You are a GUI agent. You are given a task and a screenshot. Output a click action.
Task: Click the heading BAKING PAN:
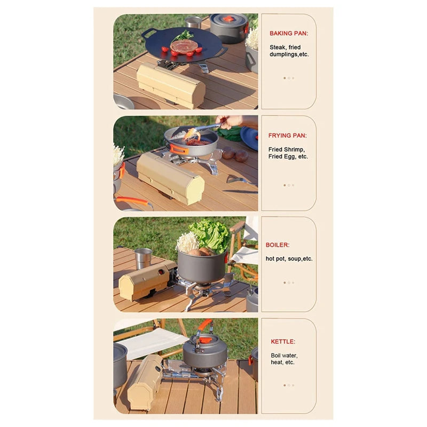(288, 33)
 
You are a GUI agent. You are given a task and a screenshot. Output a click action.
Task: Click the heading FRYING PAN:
(287, 136)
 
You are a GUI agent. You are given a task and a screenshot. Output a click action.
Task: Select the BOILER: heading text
(278, 245)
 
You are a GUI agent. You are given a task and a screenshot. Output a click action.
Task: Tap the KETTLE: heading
(282, 342)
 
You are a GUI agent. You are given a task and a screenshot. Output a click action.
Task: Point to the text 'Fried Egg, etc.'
(288, 157)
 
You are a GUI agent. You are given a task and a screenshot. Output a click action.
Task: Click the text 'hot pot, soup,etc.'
(289, 259)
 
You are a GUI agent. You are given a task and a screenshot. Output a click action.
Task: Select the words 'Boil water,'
(284, 355)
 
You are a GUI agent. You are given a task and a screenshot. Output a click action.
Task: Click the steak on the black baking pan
(184, 46)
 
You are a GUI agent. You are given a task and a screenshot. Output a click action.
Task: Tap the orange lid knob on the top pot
(228, 19)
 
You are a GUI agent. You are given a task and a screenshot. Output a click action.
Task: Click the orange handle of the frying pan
(178, 149)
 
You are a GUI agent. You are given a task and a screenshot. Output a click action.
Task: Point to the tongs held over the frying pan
(203, 130)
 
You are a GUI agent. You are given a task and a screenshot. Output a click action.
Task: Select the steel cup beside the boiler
(143, 259)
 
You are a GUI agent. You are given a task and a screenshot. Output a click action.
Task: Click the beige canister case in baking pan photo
(171, 84)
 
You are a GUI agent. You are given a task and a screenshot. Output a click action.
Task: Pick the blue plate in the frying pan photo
(249, 138)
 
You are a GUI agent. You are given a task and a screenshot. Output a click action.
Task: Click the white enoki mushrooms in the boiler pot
(187, 243)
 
